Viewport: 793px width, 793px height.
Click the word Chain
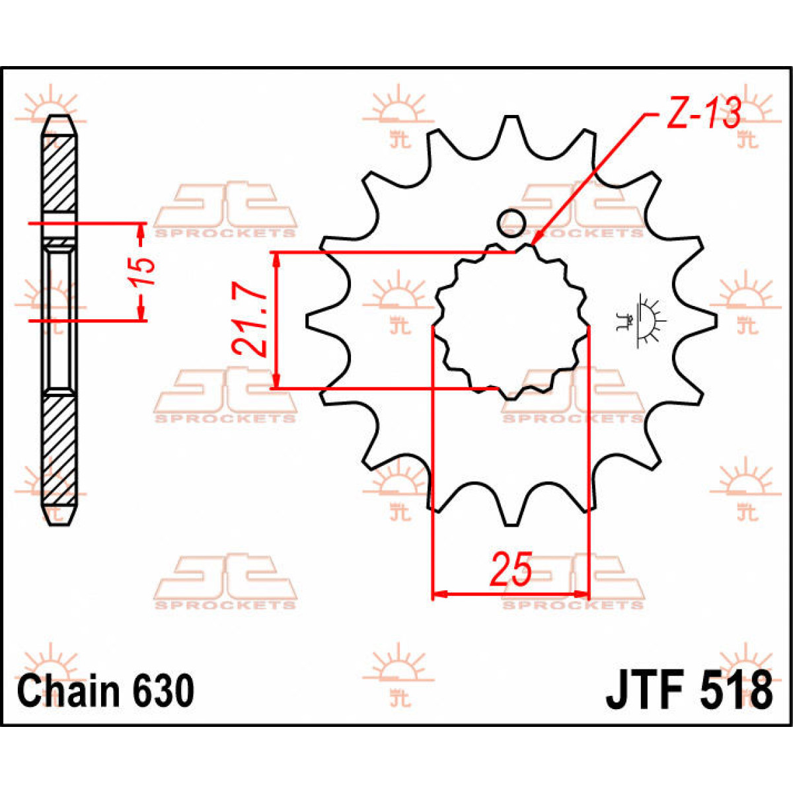coord(69,691)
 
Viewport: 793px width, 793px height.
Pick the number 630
coord(163,691)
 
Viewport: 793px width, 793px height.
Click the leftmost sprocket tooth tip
coord(309,321)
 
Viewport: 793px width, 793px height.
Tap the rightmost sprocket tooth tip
coord(714,321)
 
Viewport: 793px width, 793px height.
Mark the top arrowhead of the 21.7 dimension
coord(277,260)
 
